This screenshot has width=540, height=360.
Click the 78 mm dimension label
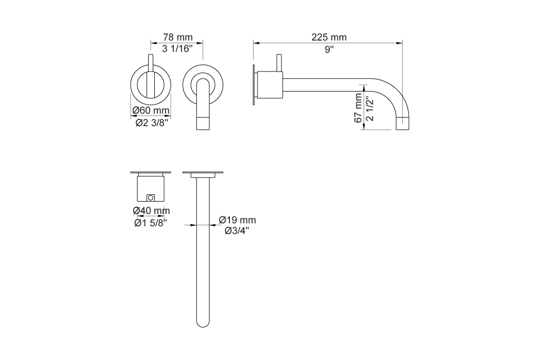[177, 38]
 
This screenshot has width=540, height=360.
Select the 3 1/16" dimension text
[177, 49]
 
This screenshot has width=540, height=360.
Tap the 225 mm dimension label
[329, 38]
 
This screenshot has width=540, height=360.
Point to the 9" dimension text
[329, 49]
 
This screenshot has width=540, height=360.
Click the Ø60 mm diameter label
[151, 111]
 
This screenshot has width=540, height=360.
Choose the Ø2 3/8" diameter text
[151, 123]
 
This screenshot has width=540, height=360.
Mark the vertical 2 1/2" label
[369, 110]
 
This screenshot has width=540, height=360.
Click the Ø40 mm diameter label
[151, 210]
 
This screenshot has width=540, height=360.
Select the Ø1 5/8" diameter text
[151, 223]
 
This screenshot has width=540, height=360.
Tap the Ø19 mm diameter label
[237, 220]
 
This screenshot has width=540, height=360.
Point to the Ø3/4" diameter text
[237, 231]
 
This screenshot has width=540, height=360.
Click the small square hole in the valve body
[151, 197]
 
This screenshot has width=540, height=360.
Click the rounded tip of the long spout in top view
[204, 323]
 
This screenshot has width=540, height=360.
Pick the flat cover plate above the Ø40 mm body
[151, 172]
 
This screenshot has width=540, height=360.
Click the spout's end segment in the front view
[204, 123]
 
